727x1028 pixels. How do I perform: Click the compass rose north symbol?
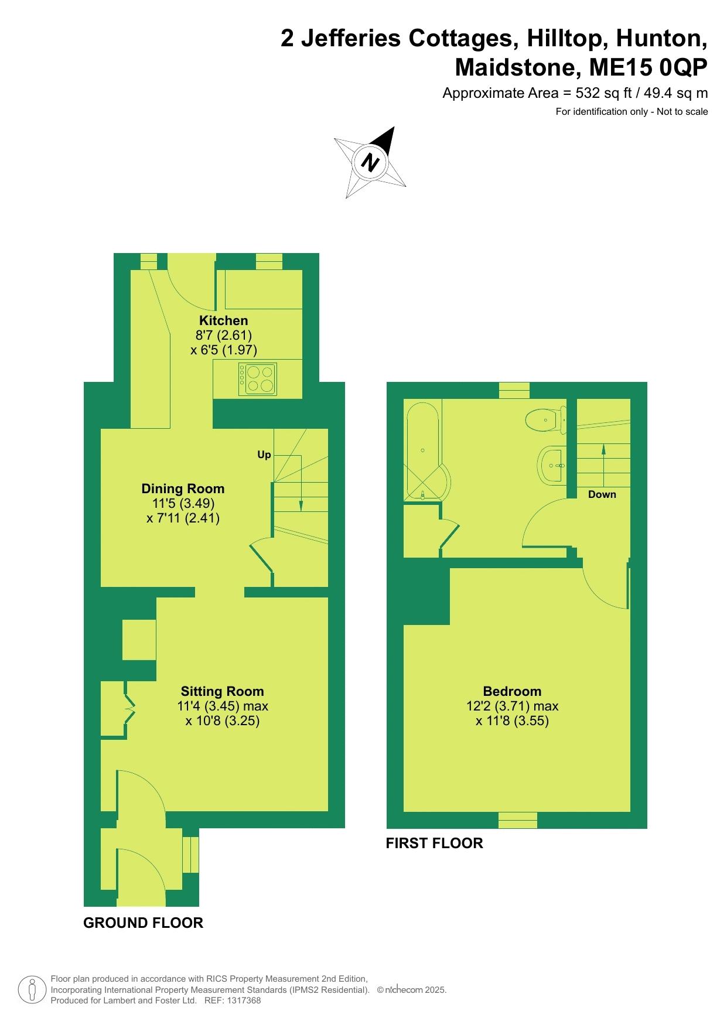point(370,162)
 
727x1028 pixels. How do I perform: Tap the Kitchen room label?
point(224,320)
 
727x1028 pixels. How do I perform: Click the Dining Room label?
point(183,489)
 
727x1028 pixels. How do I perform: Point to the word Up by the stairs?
point(264,455)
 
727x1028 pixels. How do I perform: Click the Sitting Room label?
point(222,691)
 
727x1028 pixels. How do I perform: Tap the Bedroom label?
point(512,691)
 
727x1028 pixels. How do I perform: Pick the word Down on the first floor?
point(602,494)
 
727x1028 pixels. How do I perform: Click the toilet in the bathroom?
point(546,420)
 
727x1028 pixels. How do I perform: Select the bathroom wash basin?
point(551,465)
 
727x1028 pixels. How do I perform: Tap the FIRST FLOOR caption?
point(434,843)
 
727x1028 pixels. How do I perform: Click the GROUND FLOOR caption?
point(143,923)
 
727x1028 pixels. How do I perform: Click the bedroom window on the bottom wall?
point(518,820)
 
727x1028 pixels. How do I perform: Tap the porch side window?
point(191,855)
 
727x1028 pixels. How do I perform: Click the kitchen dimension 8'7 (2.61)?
point(223,336)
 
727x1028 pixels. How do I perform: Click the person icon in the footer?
point(33,989)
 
